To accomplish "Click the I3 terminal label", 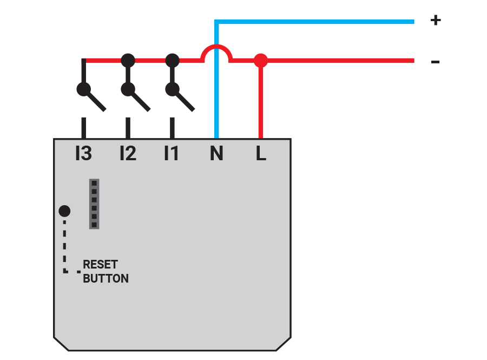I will click(x=83, y=154).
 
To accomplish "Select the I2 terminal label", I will click(x=128, y=154).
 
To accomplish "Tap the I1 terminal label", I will click(x=172, y=154).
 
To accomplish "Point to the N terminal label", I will click(x=216, y=154).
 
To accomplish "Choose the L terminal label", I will click(x=261, y=154).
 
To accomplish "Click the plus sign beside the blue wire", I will click(x=435, y=21).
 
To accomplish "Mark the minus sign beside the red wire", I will click(x=435, y=62).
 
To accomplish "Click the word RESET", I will click(x=100, y=265).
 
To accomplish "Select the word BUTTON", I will click(x=106, y=279).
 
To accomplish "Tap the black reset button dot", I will click(x=64, y=211).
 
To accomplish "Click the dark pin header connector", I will click(x=94, y=204).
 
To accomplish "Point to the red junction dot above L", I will click(x=261, y=60).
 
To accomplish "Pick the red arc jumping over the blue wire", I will click(x=216, y=48).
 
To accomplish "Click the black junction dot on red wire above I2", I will click(x=128, y=60).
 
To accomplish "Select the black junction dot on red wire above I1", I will click(x=172, y=60).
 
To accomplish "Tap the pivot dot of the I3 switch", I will click(x=83, y=89).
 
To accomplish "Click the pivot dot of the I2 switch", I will click(x=128, y=89).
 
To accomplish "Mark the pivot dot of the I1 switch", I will click(x=172, y=89).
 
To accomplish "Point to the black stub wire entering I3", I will click(x=83, y=128).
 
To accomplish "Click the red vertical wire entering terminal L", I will click(x=261, y=103).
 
